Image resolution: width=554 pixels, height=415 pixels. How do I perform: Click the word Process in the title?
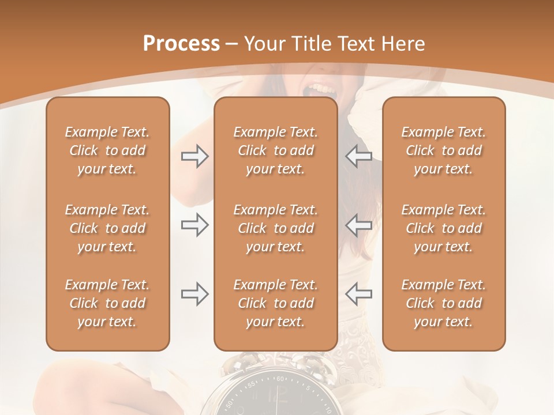(x=181, y=44)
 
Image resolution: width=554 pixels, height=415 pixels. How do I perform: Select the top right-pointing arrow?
(x=194, y=156)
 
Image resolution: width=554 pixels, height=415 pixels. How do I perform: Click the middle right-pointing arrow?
(x=194, y=225)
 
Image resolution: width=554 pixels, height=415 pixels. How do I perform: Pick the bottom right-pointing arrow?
(x=194, y=294)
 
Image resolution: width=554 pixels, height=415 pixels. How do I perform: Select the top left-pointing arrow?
(x=358, y=156)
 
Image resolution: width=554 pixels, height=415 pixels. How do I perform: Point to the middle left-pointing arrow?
(x=358, y=225)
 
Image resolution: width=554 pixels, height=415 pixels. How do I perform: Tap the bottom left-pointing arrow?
(x=358, y=294)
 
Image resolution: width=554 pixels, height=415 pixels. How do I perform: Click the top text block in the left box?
(x=107, y=150)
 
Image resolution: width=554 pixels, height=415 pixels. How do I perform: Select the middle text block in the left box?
(x=107, y=228)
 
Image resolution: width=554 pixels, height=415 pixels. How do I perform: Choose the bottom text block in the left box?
(x=107, y=303)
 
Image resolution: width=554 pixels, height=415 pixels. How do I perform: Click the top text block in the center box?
(x=276, y=150)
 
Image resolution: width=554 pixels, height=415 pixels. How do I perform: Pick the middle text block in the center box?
(x=276, y=228)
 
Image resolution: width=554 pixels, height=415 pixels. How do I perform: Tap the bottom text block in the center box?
(x=276, y=303)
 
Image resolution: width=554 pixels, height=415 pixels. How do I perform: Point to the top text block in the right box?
(x=444, y=150)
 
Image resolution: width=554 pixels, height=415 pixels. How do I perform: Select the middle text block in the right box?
(x=444, y=228)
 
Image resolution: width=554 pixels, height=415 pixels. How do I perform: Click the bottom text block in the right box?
(x=444, y=303)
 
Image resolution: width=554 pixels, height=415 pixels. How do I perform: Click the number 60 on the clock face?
(x=281, y=379)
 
